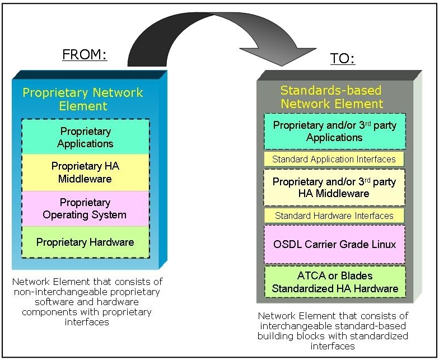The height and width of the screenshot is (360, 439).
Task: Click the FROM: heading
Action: [x=85, y=55]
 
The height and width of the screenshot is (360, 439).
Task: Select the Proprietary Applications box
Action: [x=85, y=137]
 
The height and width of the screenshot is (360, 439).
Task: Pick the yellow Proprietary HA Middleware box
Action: [x=85, y=172]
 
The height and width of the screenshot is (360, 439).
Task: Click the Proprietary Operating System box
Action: [x=85, y=208]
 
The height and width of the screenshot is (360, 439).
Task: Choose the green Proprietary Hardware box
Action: [x=85, y=242]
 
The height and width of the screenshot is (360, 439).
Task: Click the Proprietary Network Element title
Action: [x=83, y=99]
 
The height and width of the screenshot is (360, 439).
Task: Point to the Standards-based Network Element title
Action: [x=331, y=97]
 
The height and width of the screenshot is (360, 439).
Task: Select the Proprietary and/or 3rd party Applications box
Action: [x=334, y=131]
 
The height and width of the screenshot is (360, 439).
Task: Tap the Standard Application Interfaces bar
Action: [x=334, y=159]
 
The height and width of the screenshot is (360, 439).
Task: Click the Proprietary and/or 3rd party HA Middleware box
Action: [x=334, y=188]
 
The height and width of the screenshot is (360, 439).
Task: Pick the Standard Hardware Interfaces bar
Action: [x=334, y=216]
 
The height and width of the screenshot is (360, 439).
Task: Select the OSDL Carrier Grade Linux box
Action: [x=334, y=244]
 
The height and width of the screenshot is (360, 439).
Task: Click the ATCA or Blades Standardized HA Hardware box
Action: [x=334, y=282]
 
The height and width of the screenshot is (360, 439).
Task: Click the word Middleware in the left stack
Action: [x=85, y=179]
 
